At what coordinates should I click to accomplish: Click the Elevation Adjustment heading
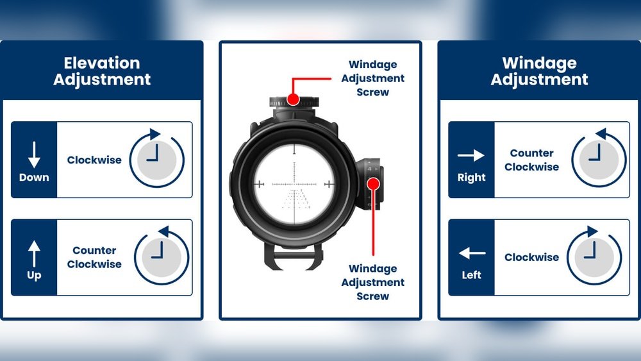coord(102,71)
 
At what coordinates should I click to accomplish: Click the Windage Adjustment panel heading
coord(539,71)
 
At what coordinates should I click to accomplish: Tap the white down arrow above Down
coord(34,155)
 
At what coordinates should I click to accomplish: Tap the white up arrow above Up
coord(34,253)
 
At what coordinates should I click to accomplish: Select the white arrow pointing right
coord(471,155)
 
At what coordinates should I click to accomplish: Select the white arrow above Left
coord(472,253)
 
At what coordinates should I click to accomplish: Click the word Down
coord(34,178)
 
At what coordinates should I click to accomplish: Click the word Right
coord(471,178)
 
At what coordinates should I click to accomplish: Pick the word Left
coord(471,275)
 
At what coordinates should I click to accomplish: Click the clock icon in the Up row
coord(162,255)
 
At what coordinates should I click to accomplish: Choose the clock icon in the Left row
coord(594,255)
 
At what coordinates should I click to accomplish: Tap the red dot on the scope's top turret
coord(293,99)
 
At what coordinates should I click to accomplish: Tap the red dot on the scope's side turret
coord(373,184)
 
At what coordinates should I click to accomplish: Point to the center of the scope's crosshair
coord(294,185)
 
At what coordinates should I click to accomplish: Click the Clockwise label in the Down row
coord(94,160)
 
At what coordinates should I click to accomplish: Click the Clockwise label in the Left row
coord(531,257)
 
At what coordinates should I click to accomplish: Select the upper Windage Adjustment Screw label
coord(372,78)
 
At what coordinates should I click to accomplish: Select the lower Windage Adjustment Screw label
coord(372,282)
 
